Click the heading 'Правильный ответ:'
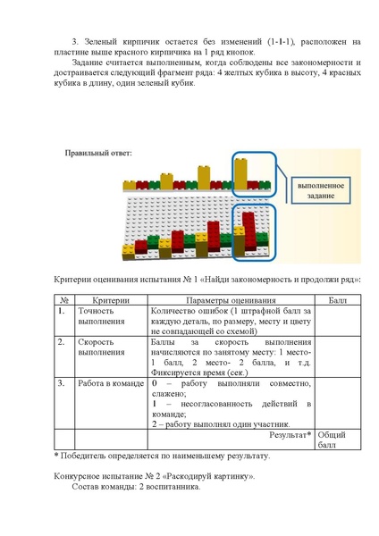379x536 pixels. [98, 153]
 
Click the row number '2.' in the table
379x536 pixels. [62, 343]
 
